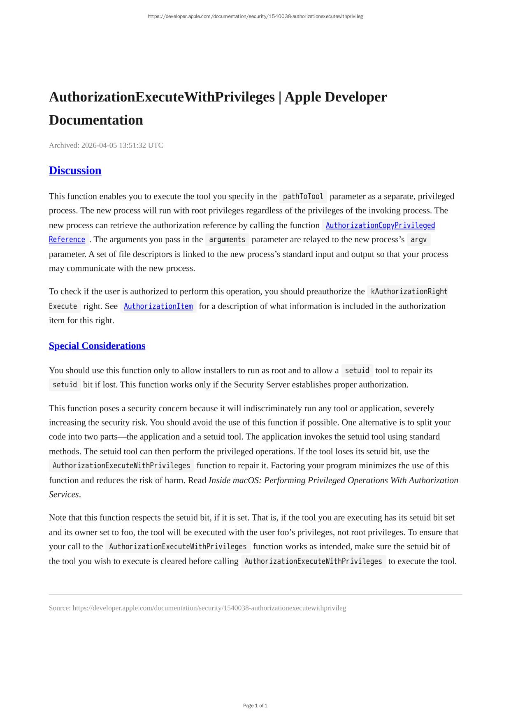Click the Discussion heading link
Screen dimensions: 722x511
[75, 171]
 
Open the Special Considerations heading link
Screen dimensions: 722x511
[97, 346]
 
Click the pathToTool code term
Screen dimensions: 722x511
[303, 197]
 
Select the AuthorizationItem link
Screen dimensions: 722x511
[158, 306]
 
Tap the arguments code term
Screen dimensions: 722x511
[227, 240]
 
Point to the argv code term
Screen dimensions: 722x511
[418, 240]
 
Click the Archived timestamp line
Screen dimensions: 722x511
[106, 145]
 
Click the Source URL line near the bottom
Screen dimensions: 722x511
[197, 608]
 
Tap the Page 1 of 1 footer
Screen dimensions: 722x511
[255, 706]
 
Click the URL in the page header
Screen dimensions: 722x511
[255, 16]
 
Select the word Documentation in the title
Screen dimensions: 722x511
[96, 120]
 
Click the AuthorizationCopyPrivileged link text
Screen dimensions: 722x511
[380, 225]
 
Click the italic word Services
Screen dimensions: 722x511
[64, 494]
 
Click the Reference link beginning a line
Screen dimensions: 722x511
[67, 240]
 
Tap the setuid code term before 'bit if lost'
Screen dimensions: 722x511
[65, 385]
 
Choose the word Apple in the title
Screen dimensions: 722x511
[303, 97]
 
